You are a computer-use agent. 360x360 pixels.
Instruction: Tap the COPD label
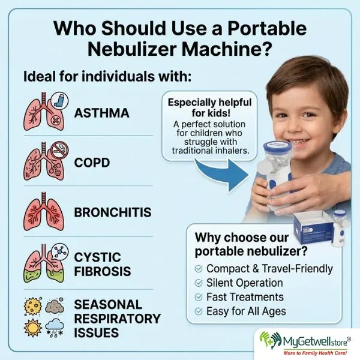click(92, 162)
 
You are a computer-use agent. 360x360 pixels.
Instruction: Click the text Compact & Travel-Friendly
click(269, 268)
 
